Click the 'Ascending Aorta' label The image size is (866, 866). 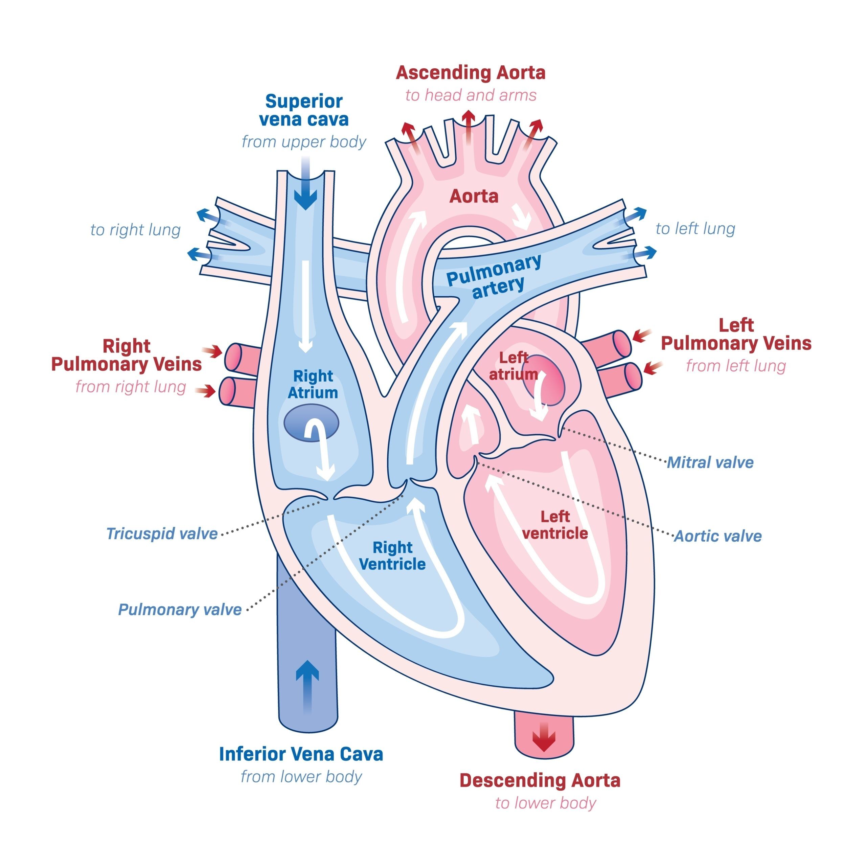click(x=470, y=73)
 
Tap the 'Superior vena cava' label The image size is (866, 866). click(x=303, y=110)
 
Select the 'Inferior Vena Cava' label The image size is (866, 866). click(x=301, y=754)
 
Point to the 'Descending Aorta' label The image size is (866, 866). click(x=540, y=780)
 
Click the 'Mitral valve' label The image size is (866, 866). click(x=710, y=462)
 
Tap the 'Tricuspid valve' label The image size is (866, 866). click(x=162, y=533)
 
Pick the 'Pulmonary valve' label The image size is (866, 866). click(x=179, y=609)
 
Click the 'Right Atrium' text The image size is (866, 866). click(x=313, y=384)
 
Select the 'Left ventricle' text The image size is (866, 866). click(x=555, y=525)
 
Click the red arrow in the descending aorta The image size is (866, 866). click(x=544, y=738)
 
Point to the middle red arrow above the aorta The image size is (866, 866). click(x=469, y=126)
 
